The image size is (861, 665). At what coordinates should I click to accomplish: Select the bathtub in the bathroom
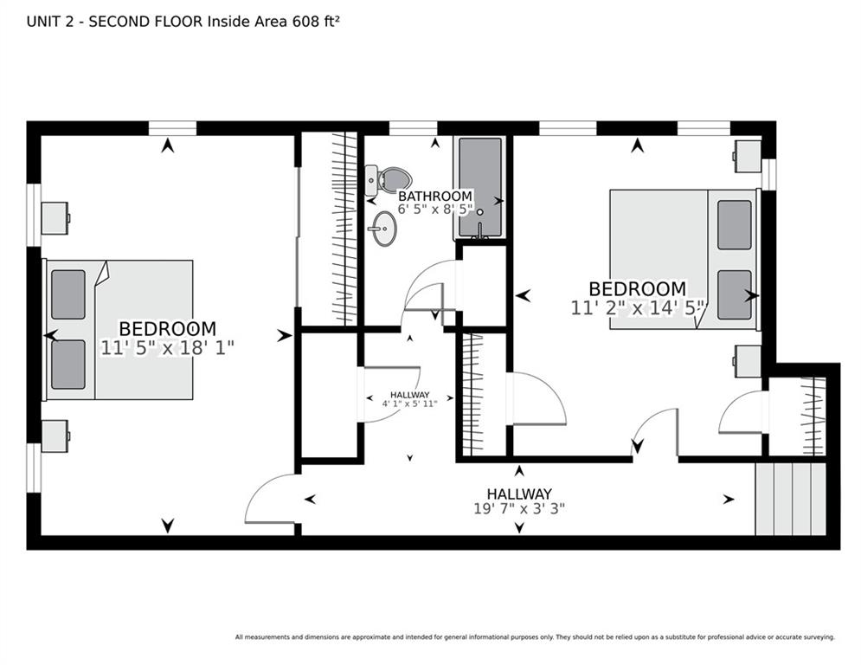[x=480, y=188]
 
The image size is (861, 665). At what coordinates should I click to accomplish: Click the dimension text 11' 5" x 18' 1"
[x=168, y=348]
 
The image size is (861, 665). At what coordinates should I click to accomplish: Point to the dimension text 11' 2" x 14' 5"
[x=637, y=307]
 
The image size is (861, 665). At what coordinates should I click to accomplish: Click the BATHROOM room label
[x=435, y=197]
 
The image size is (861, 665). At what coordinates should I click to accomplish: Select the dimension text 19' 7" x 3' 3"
[x=519, y=509]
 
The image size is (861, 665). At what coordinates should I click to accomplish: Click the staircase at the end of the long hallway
[x=791, y=499]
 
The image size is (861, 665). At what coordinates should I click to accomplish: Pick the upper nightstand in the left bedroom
[x=55, y=218]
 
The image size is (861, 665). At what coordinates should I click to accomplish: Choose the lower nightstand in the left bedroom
[x=55, y=436]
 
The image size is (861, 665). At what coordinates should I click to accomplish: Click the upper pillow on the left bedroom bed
[x=68, y=294]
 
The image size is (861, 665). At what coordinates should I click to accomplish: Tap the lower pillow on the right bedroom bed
[x=734, y=295]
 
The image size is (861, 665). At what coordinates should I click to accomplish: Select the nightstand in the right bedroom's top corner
[x=748, y=157]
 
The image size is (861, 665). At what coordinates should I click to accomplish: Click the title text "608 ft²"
[x=316, y=22]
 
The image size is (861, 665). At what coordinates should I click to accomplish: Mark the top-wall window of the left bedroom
[x=172, y=128]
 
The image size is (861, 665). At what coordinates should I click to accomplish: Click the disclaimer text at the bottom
[x=535, y=637]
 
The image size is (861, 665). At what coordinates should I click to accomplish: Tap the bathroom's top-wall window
[x=413, y=128]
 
